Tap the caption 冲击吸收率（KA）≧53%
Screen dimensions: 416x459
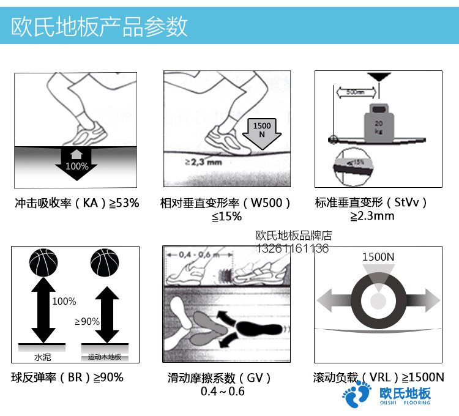pyautogui.click(x=76, y=202)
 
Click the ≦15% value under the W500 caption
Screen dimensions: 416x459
pyautogui.click(x=227, y=217)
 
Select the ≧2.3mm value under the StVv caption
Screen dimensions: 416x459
pyautogui.click(x=372, y=217)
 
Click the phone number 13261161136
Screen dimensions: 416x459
pyautogui.click(x=292, y=248)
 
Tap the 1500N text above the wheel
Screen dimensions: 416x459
pyautogui.click(x=378, y=257)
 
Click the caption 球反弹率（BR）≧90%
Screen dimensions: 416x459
pyautogui.click(x=67, y=377)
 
